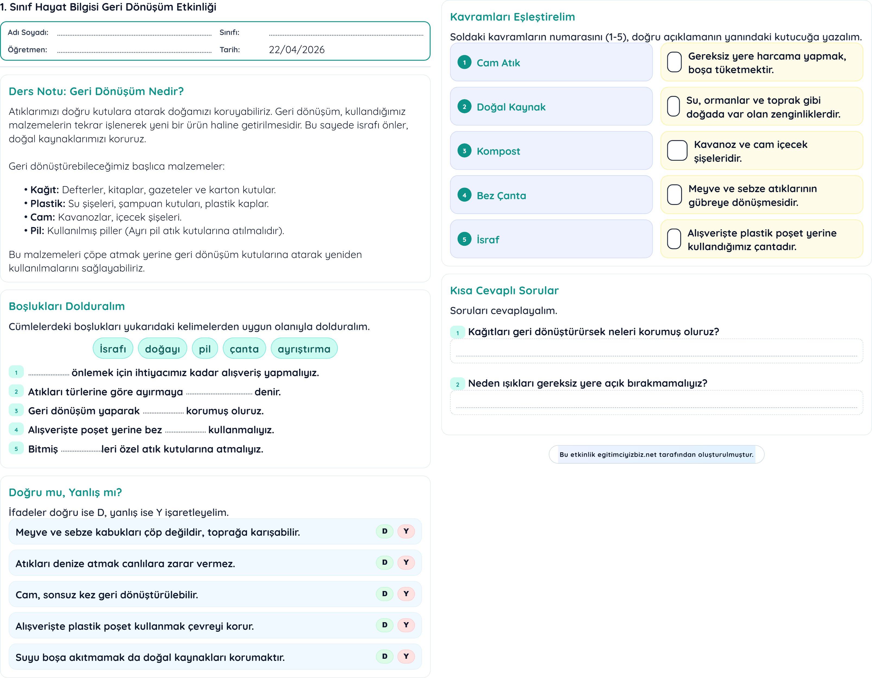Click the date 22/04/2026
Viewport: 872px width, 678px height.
[296, 50]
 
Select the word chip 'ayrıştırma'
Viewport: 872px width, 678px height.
[304, 349]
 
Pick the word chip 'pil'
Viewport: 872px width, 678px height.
[204, 349]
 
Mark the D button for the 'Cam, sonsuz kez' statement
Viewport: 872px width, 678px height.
[384, 594]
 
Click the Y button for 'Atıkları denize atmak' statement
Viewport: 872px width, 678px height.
[406, 562]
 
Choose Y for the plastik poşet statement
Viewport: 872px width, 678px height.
[406, 625]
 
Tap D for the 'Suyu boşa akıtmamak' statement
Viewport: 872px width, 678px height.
[384, 656]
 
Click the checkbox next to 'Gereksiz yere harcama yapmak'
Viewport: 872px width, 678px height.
[674, 62]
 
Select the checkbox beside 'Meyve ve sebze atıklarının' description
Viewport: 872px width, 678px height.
[674, 195]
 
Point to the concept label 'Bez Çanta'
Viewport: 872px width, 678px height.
[501, 196]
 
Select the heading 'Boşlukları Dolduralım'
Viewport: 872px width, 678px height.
[67, 306]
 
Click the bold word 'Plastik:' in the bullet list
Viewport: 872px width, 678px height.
[47, 204]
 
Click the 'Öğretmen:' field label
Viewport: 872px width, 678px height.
[27, 50]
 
